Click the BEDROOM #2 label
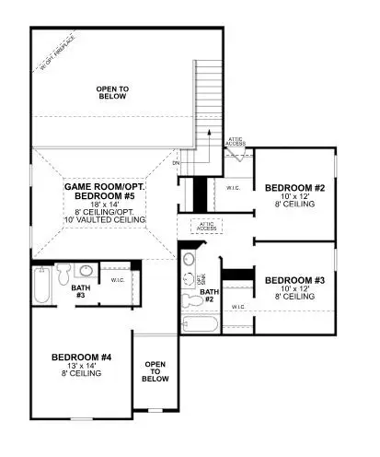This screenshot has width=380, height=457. [294, 188]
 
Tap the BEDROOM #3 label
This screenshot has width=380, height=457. [294, 279]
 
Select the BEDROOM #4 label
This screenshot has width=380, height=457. [82, 357]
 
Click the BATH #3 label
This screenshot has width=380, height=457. [79, 290]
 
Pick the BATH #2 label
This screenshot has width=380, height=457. [210, 297]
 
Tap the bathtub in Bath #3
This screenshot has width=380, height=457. [40, 286]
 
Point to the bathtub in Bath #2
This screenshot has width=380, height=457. [201, 323]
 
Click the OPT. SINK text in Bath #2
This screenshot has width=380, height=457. [202, 278]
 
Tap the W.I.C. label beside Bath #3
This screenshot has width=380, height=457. [118, 280]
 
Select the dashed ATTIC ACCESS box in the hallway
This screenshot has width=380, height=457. [208, 226]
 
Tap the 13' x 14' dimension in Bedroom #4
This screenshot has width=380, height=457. [82, 366]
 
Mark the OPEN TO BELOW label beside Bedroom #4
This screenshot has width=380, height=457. [155, 370]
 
